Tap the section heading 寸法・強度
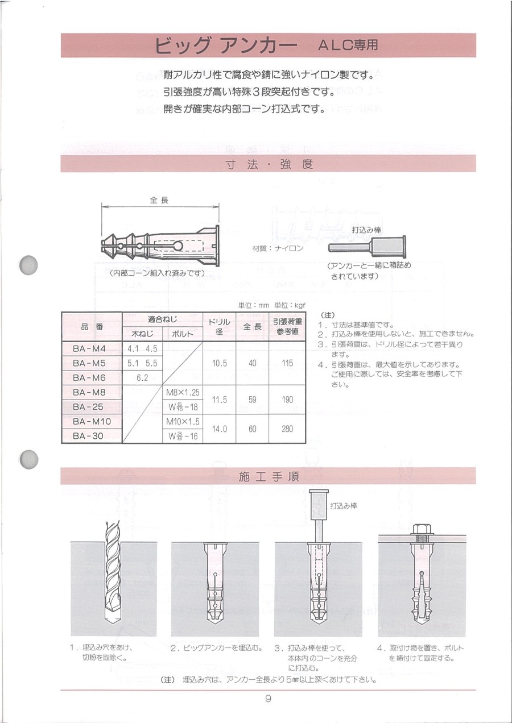click(x=268, y=164)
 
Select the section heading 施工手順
click(x=268, y=476)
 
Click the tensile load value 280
click(x=287, y=429)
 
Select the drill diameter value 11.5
click(x=219, y=400)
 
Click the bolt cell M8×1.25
click(x=183, y=393)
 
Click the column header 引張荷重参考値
click(x=287, y=326)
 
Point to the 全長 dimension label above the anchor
click(x=159, y=201)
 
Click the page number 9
click(x=267, y=699)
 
